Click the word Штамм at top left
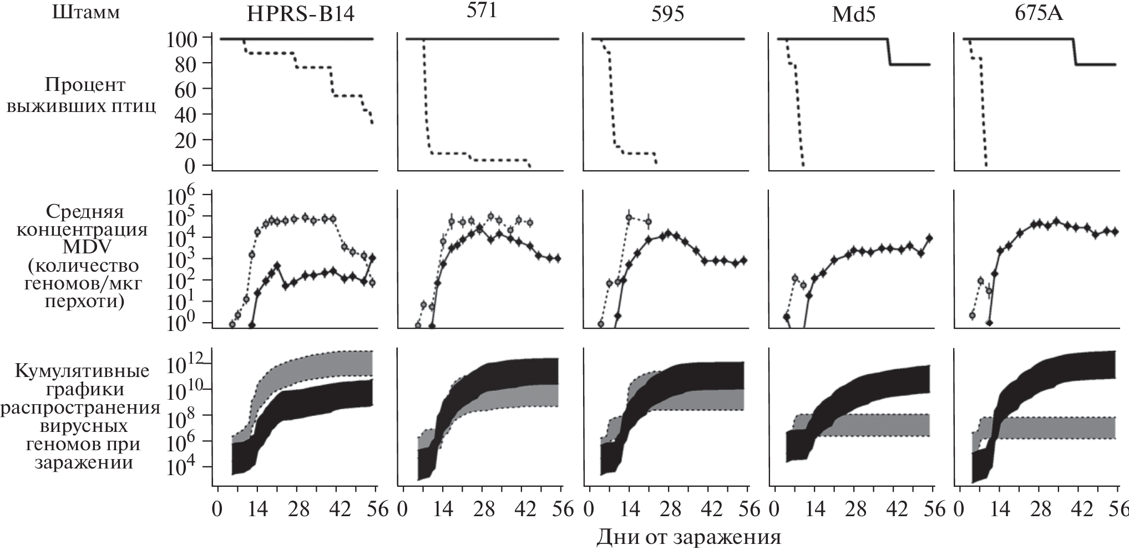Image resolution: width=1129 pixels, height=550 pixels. tap(85, 12)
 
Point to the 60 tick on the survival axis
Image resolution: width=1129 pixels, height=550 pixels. tap(188, 89)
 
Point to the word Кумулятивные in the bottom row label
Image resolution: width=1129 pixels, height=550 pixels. tap(82, 371)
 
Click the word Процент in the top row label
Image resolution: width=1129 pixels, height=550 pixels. tap(84, 85)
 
